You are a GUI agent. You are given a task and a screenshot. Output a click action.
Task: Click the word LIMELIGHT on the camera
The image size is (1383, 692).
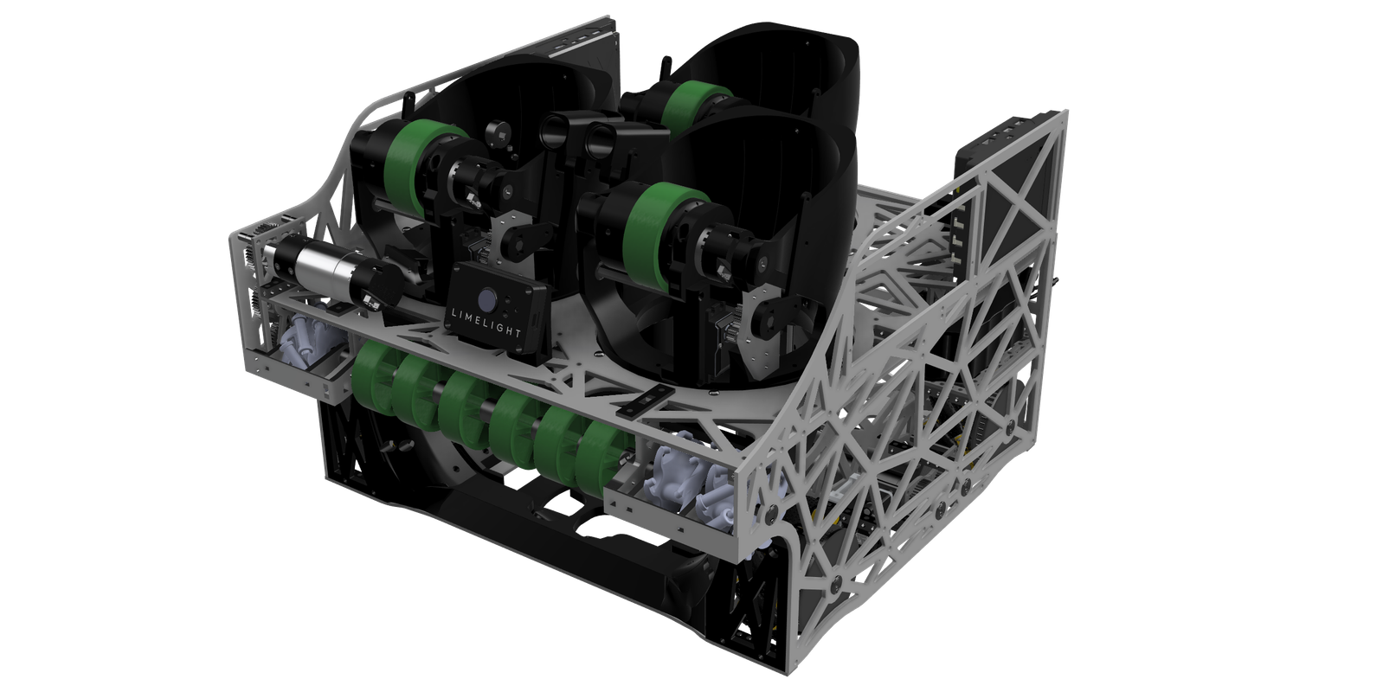(x=486, y=324)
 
